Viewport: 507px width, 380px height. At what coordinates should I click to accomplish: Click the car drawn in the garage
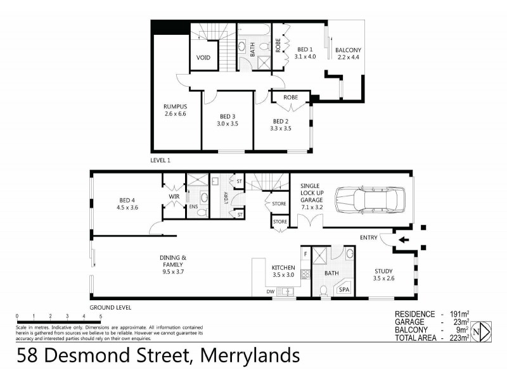click(x=370, y=198)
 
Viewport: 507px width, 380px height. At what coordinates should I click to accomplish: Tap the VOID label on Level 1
click(x=203, y=58)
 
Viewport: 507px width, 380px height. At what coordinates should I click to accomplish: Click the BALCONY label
click(x=348, y=50)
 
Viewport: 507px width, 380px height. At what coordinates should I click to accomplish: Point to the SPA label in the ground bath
click(x=344, y=289)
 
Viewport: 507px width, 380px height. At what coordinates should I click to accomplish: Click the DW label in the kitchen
click(x=271, y=292)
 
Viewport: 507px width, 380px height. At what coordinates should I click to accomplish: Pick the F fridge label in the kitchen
click(x=305, y=253)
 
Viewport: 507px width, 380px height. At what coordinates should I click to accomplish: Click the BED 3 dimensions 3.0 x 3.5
click(x=228, y=124)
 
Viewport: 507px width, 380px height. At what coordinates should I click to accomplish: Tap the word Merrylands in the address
click(x=249, y=356)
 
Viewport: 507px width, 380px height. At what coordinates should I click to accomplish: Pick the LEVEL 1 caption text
click(x=160, y=160)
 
